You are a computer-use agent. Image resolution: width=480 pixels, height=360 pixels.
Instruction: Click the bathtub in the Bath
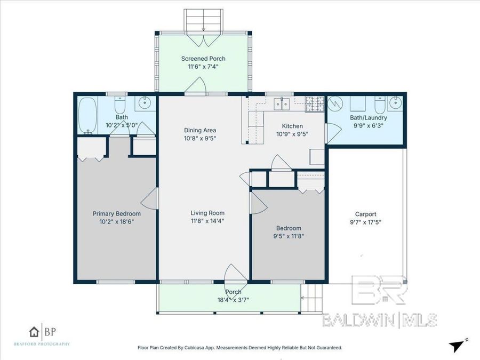[86, 116]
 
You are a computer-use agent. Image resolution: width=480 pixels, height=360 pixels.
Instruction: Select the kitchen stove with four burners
[315, 103]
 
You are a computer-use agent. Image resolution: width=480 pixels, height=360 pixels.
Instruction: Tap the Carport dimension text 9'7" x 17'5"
[365, 222]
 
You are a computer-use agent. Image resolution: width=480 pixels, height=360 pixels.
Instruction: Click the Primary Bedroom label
[116, 213]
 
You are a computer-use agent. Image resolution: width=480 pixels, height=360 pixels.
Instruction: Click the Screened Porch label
[203, 59]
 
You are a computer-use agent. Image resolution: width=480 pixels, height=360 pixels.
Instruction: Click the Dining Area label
[200, 130]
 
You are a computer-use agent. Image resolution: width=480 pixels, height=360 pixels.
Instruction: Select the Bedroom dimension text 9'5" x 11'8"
[289, 235]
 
